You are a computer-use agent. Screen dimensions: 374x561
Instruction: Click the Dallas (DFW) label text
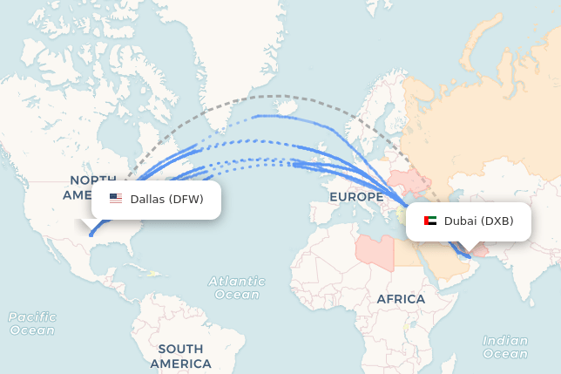pyautogui.click(x=166, y=199)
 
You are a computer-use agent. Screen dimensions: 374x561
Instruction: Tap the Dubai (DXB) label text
pyautogui.click(x=479, y=221)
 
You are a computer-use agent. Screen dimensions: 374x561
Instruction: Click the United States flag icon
pyautogui.click(x=116, y=199)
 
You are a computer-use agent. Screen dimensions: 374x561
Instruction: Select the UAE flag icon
pyautogui.click(x=430, y=221)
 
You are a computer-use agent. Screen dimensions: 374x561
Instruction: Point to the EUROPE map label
pyautogui.click(x=356, y=197)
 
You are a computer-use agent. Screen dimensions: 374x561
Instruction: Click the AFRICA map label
pyautogui.click(x=401, y=299)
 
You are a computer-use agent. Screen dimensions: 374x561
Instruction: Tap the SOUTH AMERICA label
pyautogui.click(x=180, y=356)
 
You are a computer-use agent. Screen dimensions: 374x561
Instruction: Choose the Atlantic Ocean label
pyautogui.click(x=237, y=288)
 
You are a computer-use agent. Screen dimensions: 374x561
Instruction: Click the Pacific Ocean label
pyautogui.click(x=32, y=323)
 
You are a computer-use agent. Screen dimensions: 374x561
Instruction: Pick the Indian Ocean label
pyautogui.click(x=505, y=347)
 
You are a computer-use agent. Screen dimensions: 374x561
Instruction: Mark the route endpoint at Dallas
pyautogui.click(x=91, y=234)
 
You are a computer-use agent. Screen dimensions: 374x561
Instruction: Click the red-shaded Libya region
pyautogui.click(x=375, y=248)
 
